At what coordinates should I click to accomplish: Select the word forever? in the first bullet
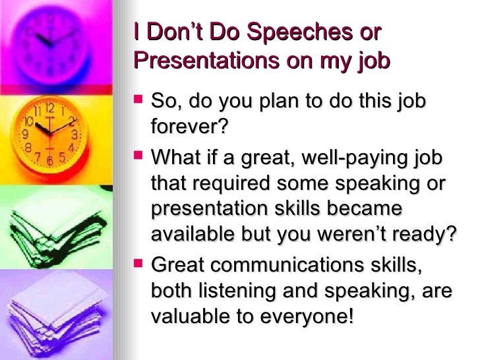click(x=189, y=128)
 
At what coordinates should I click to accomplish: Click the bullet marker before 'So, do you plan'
click(x=138, y=102)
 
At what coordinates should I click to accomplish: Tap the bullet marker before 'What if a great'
click(x=138, y=158)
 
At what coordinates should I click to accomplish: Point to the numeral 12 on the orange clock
click(x=49, y=106)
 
